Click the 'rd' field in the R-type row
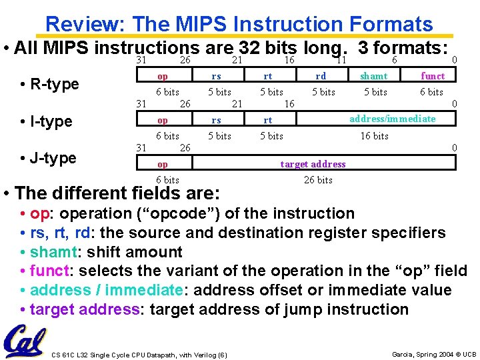[321, 77]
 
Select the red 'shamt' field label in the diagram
[374, 77]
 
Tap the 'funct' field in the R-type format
[433, 77]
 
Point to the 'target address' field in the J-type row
[313, 164]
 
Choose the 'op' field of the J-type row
[162, 164]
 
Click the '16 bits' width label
[374, 136]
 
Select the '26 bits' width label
[318, 180]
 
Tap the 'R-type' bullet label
[49, 84]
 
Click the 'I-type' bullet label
[46, 121]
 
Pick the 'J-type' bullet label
[48, 158]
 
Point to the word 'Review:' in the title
[86, 25]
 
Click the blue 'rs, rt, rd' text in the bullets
[61, 233]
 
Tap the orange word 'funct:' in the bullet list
[53, 271]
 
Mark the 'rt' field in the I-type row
[267, 121]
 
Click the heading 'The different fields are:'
[117, 193]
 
